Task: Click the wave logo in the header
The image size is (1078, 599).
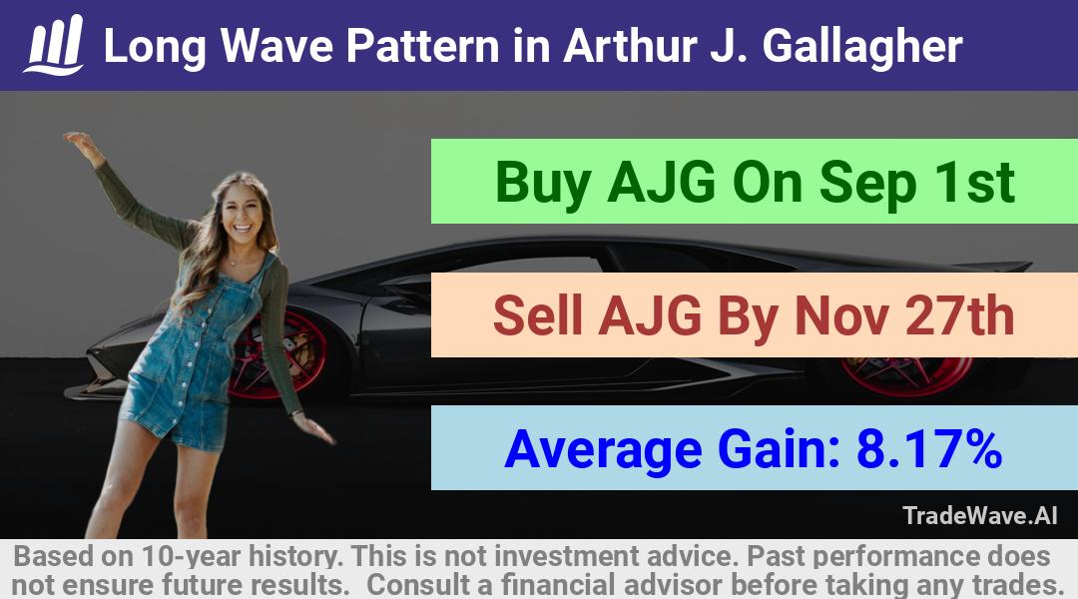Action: (x=54, y=45)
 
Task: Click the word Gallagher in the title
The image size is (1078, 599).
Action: (x=862, y=47)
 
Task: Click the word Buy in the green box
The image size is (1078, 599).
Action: (x=543, y=183)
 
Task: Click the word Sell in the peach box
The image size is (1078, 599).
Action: (x=538, y=315)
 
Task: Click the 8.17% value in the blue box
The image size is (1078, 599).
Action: (x=929, y=448)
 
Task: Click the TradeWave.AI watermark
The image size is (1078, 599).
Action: (x=980, y=515)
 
